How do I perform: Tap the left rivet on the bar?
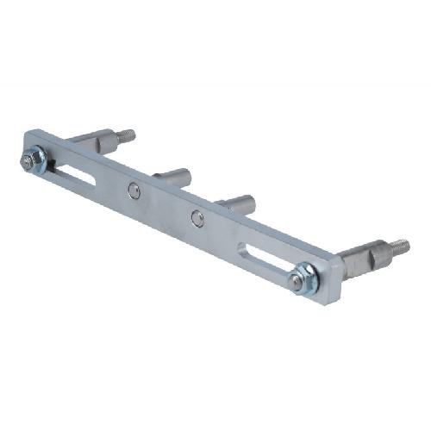click(133, 191)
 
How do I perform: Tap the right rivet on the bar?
click(198, 219)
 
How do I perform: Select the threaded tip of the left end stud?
click(127, 135)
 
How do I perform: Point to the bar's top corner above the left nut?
click(31, 133)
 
